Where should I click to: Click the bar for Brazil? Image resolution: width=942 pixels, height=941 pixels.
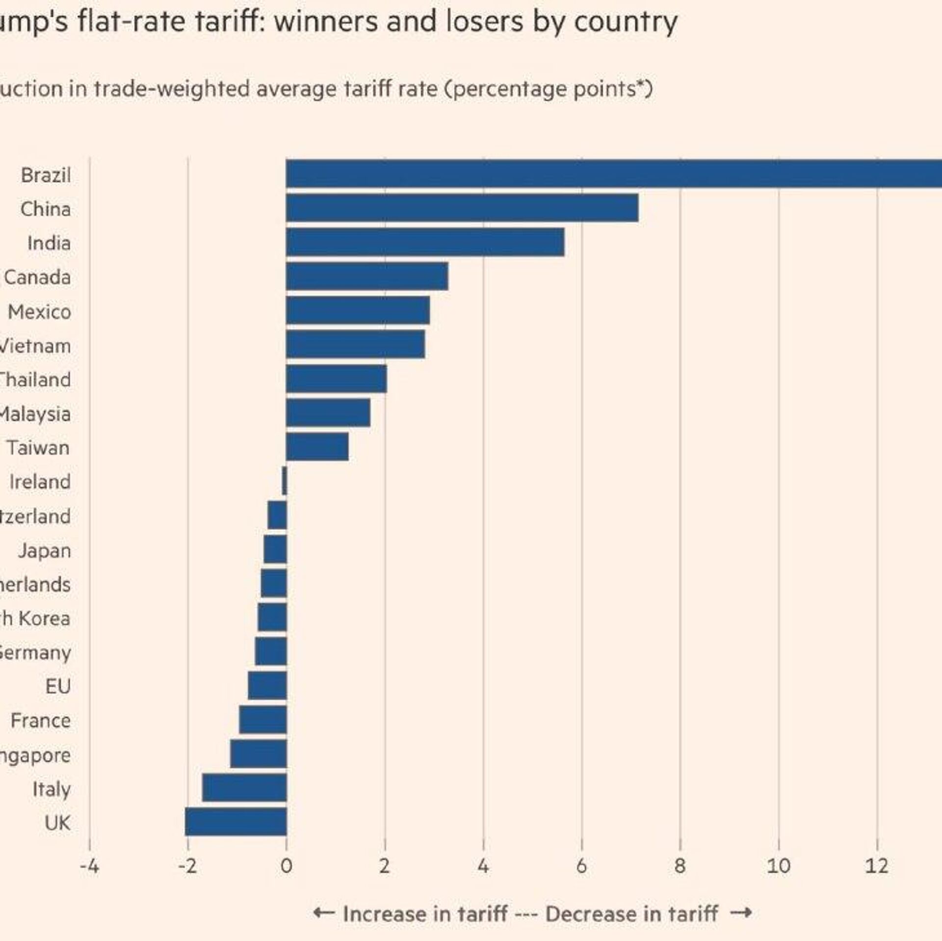tap(613, 174)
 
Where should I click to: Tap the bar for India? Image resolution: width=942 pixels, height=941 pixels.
tap(425, 242)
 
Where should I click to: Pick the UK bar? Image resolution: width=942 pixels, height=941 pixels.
tap(236, 822)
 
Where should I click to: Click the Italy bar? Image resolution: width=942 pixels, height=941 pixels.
tap(244, 788)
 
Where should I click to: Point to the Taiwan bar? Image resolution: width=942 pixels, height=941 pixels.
tap(317, 447)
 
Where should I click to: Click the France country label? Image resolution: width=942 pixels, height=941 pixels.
tap(41, 721)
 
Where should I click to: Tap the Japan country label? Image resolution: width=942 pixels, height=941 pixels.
tap(45, 550)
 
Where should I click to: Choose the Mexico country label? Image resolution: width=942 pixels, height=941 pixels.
tap(40, 312)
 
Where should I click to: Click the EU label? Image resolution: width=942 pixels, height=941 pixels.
tap(58, 686)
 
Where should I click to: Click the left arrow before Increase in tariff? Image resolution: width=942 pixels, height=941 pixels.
tap(324, 913)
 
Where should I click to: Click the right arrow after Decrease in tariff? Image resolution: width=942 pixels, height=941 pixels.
tap(741, 913)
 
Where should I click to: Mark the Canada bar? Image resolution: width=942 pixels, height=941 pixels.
tap(366, 276)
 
